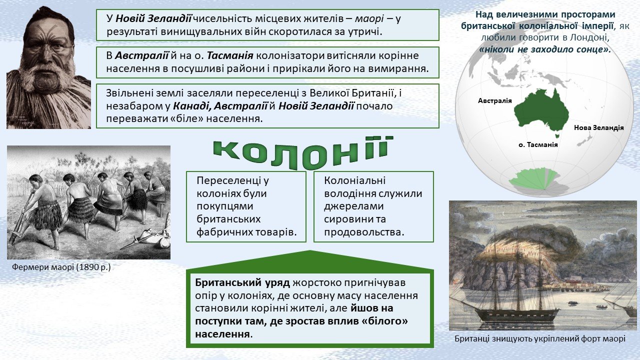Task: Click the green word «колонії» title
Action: click(303, 152)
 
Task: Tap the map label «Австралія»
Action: click(495, 100)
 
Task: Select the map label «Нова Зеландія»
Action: click(599, 127)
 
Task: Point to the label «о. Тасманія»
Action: click(538, 144)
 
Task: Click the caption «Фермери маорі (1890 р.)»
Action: click(61, 267)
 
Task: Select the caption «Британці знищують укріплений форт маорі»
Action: click(540, 339)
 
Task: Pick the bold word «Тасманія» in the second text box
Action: click(230, 55)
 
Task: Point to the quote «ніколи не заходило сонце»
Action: click(545, 49)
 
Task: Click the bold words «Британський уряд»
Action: click(242, 282)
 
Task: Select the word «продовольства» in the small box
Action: click(364, 232)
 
